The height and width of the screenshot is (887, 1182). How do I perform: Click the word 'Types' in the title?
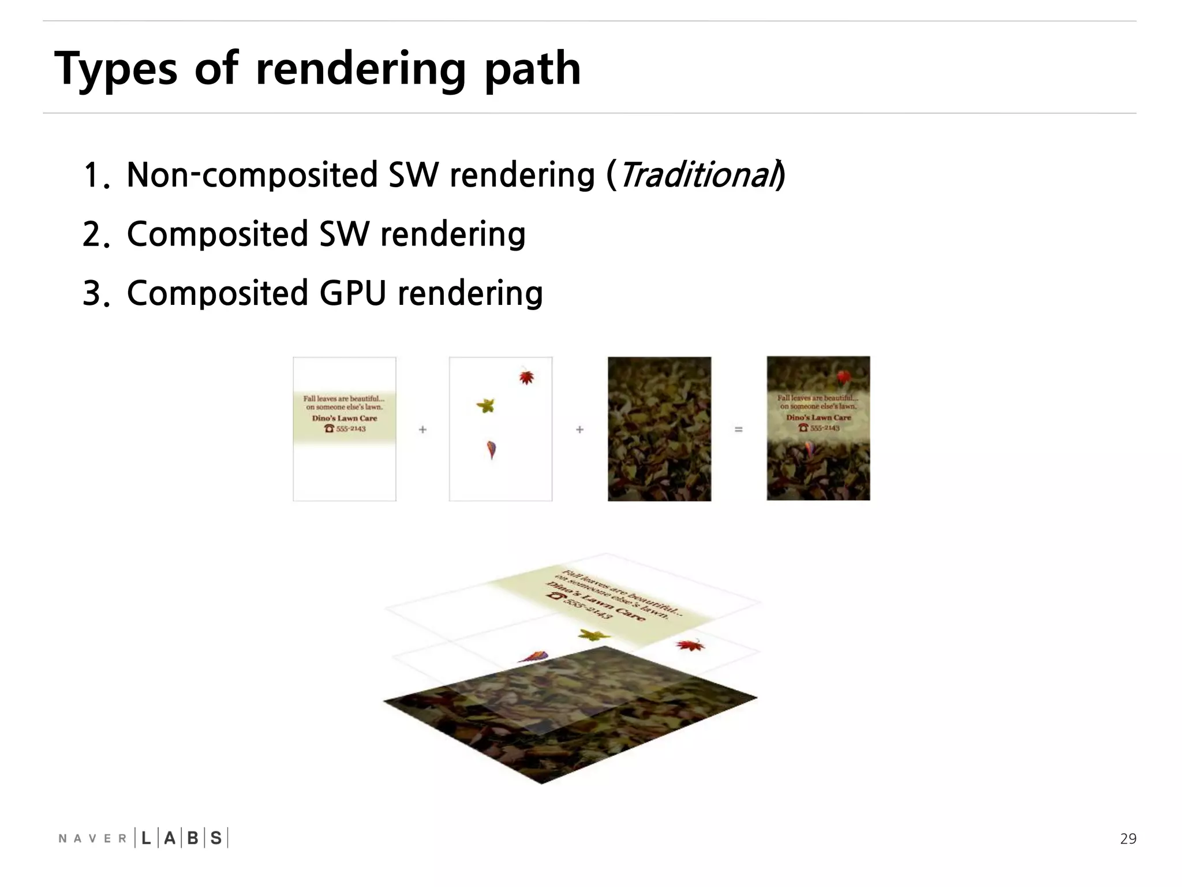(115, 69)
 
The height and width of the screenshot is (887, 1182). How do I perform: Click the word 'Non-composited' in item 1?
(252, 175)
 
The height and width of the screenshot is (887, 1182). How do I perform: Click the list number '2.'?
(96, 235)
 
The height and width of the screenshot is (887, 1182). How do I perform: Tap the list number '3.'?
(96, 294)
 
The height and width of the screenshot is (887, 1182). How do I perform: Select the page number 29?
(1128, 838)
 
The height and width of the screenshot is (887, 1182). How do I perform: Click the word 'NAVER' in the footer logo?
(92, 838)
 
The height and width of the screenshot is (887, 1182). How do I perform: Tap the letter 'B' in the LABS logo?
(193, 838)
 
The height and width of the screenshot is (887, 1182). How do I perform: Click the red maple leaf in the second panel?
(526, 378)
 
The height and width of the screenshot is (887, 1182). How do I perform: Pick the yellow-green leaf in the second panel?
(486, 405)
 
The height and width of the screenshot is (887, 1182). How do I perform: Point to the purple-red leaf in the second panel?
(491, 449)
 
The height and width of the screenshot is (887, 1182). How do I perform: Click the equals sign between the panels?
(738, 430)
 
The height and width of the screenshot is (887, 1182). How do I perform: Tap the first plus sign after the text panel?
(422, 430)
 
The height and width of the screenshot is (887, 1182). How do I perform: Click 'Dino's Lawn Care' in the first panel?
(345, 418)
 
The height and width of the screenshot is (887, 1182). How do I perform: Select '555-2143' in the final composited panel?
(825, 428)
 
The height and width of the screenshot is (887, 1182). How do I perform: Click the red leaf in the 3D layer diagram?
(690, 645)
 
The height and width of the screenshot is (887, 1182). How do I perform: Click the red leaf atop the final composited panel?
(844, 378)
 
